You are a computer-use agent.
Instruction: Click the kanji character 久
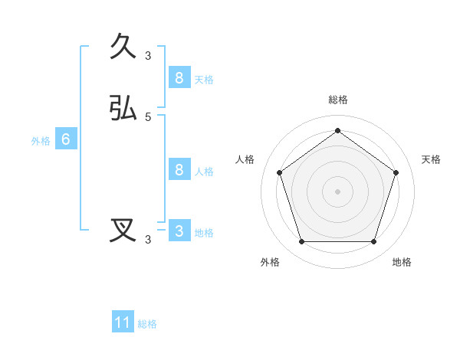(x=123, y=47)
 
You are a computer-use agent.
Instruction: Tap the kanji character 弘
(x=123, y=108)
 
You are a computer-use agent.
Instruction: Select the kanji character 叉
(x=123, y=231)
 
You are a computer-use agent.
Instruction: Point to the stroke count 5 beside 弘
(x=148, y=117)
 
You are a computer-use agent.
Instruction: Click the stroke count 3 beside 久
(x=148, y=56)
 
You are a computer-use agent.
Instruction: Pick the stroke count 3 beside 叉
(x=148, y=240)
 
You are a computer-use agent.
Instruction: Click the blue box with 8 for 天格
(x=179, y=77)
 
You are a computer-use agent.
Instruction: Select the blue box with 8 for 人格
(x=179, y=169)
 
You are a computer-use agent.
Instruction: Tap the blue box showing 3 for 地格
(x=179, y=231)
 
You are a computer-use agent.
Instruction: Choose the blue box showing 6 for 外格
(x=66, y=139)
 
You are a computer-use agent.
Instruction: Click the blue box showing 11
(x=123, y=322)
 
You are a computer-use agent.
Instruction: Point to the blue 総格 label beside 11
(x=147, y=324)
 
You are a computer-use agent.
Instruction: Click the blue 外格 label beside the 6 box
(x=41, y=141)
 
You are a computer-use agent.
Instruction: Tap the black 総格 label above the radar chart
(x=337, y=100)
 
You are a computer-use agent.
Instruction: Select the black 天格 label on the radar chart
(x=431, y=159)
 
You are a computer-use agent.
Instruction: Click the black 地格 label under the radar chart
(x=402, y=262)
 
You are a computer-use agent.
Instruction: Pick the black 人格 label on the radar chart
(x=245, y=159)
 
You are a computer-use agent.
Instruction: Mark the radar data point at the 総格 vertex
(x=337, y=131)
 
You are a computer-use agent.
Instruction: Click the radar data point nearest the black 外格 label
(x=301, y=241)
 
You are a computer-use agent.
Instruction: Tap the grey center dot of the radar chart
(x=337, y=191)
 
